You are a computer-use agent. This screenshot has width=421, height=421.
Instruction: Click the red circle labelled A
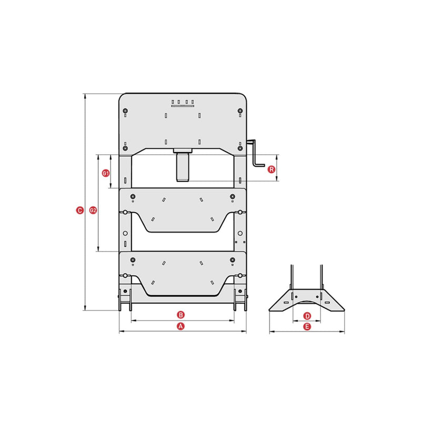click(x=181, y=326)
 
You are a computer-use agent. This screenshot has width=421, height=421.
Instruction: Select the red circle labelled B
click(x=181, y=315)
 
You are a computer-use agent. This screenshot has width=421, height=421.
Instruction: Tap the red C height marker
click(x=80, y=210)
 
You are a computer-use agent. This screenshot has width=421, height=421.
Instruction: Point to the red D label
click(x=307, y=316)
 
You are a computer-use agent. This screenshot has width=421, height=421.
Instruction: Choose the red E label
click(x=307, y=327)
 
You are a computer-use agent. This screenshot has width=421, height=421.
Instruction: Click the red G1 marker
click(x=106, y=174)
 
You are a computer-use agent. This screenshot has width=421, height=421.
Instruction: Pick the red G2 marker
click(x=93, y=210)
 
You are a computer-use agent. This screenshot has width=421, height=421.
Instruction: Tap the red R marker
click(x=272, y=169)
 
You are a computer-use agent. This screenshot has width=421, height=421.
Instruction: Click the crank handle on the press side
click(x=255, y=153)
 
